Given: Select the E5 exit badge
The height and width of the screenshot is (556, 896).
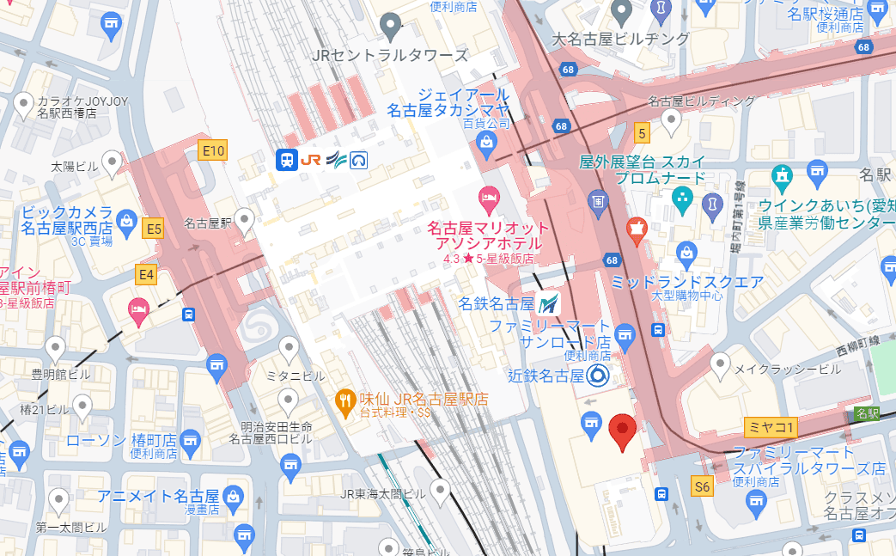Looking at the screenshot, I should tap(154, 229).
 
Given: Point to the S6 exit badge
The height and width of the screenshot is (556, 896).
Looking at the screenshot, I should tap(702, 487).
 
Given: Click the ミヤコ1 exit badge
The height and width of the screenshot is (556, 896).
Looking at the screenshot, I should tap(771, 426).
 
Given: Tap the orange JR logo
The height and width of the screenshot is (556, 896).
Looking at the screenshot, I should tap(311, 160).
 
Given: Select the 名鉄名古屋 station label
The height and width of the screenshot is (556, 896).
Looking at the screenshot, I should tap(496, 302).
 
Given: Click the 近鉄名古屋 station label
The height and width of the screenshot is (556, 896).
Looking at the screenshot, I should tap(546, 376).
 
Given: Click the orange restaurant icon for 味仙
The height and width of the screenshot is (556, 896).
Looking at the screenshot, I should tap(345, 399).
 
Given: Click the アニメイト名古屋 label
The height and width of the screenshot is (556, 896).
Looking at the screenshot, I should tap(157, 496).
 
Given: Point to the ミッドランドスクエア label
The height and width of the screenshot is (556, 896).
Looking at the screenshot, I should tap(686, 282).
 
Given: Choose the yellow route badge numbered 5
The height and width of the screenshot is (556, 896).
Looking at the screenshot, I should tap(641, 132).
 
